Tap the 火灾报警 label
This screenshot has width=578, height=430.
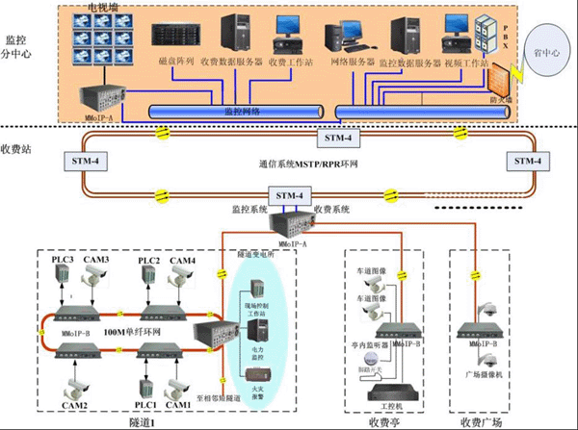pyautogui.click(x=259, y=392)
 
